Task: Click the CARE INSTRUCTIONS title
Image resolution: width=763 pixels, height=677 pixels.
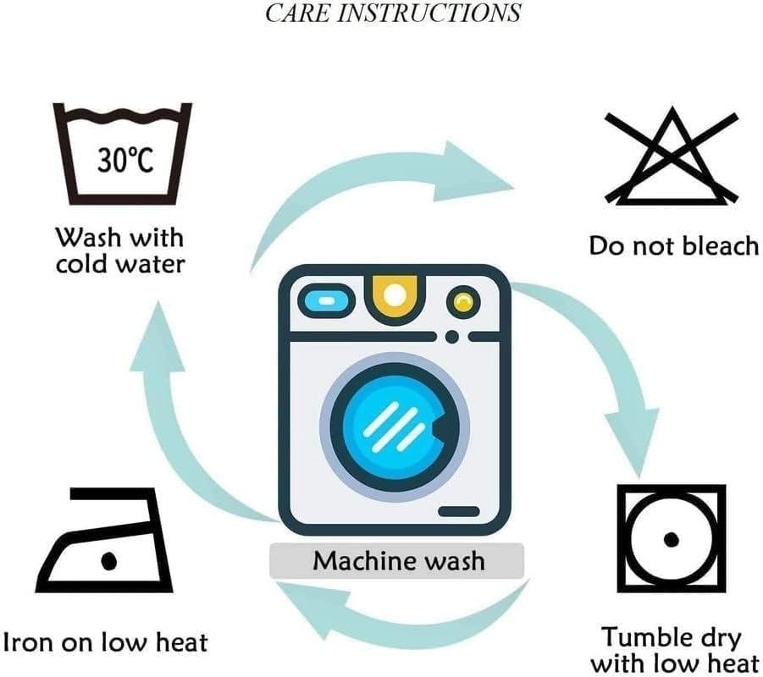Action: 393,14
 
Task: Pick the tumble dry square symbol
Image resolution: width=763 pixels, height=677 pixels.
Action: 671,538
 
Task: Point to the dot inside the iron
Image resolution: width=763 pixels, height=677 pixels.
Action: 108,560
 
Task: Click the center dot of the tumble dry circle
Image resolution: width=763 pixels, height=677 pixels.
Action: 671,539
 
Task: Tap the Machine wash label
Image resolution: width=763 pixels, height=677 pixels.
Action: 397,560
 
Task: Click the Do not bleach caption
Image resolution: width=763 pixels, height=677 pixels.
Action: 673,246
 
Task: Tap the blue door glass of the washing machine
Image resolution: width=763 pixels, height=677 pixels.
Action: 392,422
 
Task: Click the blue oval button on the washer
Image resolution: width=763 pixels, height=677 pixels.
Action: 323,300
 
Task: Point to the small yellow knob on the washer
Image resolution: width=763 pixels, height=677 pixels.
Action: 462,300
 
